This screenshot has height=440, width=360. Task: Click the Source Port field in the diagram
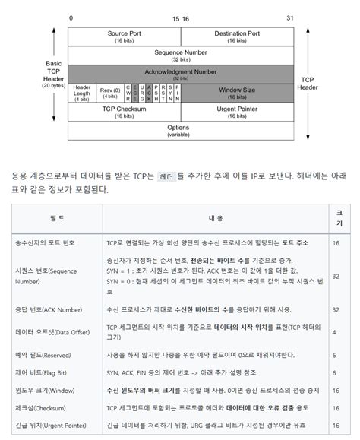pos(124,36)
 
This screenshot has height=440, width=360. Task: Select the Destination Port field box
pos(236,36)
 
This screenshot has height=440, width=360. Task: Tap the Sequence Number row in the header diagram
pos(180,55)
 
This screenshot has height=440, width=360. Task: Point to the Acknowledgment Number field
pos(180,74)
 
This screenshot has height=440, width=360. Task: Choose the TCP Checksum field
pos(124,112)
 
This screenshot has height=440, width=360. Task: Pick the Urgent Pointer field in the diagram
pos(236,112)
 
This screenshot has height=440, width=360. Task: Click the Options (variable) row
pos(180,130)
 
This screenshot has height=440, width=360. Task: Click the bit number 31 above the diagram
pos(289,17)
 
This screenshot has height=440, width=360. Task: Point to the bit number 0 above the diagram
pos(71,17)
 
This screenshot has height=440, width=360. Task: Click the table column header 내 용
pos(216,217)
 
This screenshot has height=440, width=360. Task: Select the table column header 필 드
pos(56,217)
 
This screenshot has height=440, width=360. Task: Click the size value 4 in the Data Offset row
pos(335,332)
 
